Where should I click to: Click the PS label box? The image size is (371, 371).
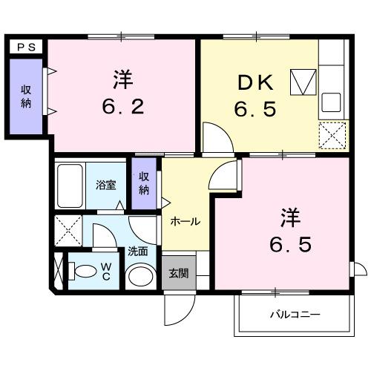click(x=27, y=46)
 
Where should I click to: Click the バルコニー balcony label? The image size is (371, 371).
click(x=295, y=315)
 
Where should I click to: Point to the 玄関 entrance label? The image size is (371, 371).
click(x=178, y=273)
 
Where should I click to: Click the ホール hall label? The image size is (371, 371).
click(x=185, y=221)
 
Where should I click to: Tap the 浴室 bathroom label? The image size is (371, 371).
click(x=105, y=185)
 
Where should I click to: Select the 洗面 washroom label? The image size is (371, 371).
click(x=137, y=251)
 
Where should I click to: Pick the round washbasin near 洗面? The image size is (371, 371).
click(x=139, y=277)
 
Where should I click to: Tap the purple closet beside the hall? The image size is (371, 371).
click(x=144, y=183)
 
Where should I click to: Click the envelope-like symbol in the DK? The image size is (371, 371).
click(x=303, y=82)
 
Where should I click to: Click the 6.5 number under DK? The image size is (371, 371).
click(x=257, y=110)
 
